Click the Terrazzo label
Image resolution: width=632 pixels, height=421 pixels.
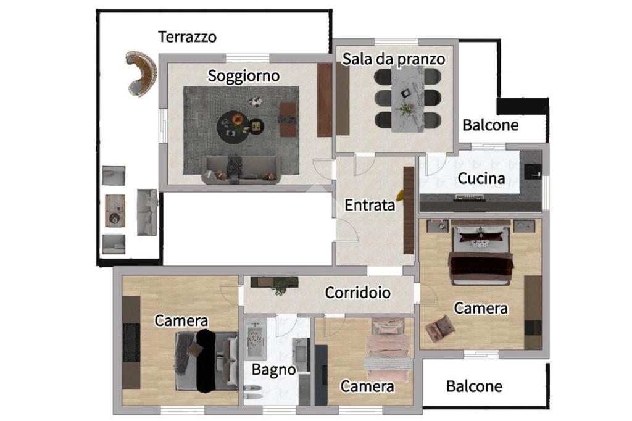188,36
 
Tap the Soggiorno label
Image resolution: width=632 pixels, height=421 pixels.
243,77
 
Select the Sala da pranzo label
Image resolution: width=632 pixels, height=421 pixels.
394,59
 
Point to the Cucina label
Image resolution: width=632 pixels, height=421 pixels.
481,179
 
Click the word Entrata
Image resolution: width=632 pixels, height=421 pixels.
370,206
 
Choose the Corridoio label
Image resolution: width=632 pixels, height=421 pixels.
358,292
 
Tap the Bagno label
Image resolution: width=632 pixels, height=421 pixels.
274,370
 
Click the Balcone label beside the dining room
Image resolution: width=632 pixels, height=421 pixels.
491,125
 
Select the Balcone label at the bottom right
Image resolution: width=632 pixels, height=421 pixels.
474,387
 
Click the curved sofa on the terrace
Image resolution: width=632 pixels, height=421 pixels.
140,73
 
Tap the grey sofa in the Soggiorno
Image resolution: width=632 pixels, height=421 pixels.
241,170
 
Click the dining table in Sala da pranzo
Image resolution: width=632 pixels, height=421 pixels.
408,99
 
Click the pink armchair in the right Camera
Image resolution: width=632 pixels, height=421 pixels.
440,328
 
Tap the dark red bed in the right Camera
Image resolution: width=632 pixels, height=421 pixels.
481,257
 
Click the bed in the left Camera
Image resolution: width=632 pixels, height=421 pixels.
206,361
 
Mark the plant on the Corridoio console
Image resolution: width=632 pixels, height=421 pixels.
284,284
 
